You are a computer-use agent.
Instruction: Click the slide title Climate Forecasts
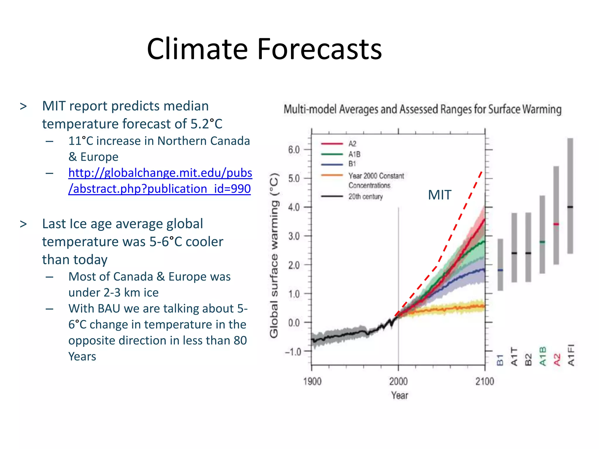point(264,49)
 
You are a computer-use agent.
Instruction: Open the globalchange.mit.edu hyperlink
point(160,181)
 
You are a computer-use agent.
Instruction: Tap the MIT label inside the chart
point(439,195)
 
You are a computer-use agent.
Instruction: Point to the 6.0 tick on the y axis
point(294,150)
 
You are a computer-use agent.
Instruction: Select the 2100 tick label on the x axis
point(485,381)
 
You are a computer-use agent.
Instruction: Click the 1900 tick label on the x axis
point(312,381)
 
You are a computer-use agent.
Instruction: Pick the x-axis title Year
point(400,395)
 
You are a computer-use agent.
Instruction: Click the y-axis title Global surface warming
point(274,256)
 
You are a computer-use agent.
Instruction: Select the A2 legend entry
point(352,144)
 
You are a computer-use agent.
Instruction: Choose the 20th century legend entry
point(365,196)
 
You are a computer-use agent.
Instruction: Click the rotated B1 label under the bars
point(500,360)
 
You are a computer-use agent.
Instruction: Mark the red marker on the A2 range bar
point(556,224)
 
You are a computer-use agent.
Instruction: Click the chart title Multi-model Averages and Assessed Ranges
point(422,109)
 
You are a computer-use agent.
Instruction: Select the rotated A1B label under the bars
point(543,356)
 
